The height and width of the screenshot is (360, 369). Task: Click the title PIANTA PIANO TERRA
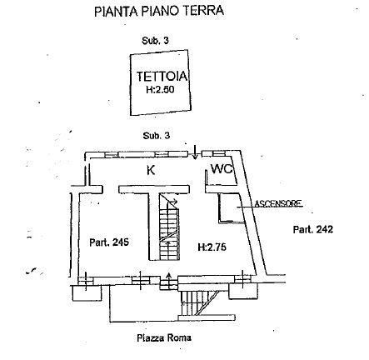(x=159, y=11)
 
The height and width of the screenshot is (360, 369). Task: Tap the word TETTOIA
(x=162, y=76)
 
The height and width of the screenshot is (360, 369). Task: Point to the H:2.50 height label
(x=160, y=90)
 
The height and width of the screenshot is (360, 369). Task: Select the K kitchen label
(x=151, y=170)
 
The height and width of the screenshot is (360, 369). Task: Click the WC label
(x=222, y=168)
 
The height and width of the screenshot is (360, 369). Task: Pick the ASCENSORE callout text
(x=278, y=203)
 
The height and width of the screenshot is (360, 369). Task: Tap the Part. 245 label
(x=109, y=242)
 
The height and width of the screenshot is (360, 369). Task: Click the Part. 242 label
(x=313, y=229)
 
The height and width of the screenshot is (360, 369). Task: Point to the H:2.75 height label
(x=212, y=247)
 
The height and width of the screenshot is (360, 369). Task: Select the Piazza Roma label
(x=164, y=337)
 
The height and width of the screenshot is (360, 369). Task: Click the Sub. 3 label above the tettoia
(x=155, y=41)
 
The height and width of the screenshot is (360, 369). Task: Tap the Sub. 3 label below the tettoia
(x=157, y=136)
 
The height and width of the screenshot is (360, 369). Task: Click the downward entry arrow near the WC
(x=195, y=152)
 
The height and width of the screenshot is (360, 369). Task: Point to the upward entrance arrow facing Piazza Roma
(x=168, y=280)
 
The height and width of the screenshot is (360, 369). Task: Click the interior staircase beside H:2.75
(x=169, y=227)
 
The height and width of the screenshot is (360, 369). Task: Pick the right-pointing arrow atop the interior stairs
(x=173, y=200)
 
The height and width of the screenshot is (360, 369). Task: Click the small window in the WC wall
(x=218, y=153)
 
